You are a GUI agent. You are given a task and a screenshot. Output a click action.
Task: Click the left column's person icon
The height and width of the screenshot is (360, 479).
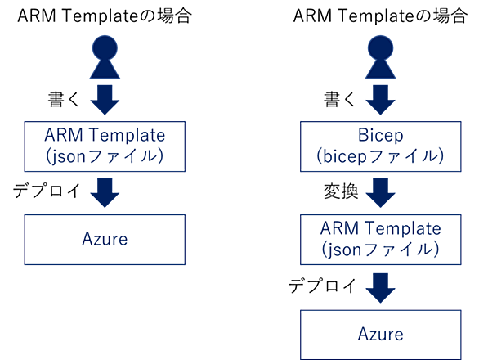click(x=105, y=57)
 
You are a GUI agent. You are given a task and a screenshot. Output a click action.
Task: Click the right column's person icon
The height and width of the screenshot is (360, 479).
click(x=381, y=57)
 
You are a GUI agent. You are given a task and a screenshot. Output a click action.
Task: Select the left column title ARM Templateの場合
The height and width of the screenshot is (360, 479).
click(x=105, y=16)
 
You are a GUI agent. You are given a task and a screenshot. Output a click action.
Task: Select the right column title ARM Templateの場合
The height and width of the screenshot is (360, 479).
click(x=380, y=16)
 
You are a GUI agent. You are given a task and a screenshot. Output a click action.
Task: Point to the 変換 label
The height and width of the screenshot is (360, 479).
click(x=341, y=191)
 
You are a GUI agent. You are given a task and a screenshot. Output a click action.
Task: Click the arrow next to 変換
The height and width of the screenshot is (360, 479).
click(x=381, y=193)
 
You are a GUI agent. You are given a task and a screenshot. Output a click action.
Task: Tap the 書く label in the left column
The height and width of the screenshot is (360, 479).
click(x=64, y=99)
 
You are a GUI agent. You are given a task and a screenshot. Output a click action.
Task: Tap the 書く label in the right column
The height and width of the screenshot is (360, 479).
click(x=340, y=99)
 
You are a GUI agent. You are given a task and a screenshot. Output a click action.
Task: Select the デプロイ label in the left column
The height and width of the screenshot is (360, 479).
click(x=47, y=191)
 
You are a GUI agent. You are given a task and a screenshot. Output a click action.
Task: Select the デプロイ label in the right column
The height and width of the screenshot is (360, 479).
click(x=323, y=286)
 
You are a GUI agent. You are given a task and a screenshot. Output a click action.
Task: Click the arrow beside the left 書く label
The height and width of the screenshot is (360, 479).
click(x=105, y=100)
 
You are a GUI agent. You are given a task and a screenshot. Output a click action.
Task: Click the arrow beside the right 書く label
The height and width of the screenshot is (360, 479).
click(x=381, y=100)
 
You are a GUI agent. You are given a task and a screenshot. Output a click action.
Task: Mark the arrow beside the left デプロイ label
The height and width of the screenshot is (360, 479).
click(x=105, y=193)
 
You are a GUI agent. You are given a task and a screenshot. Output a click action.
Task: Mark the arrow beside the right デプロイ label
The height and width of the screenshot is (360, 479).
click(x=381, y=288)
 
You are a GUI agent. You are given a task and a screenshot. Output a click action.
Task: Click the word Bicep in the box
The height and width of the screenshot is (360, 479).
click(x=381, y=136)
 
